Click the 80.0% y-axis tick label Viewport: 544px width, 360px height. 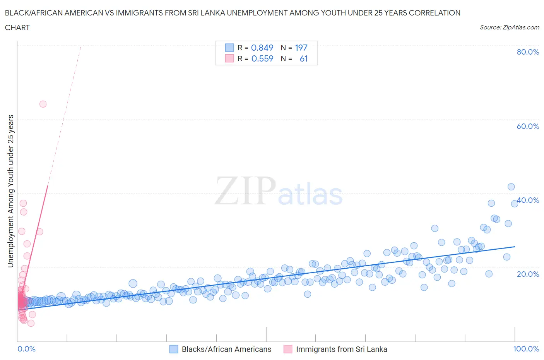(528, 52)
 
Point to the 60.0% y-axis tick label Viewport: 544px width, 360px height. (528, 126)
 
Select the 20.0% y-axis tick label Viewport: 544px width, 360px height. (528, 274)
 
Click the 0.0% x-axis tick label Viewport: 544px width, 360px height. (26, 349)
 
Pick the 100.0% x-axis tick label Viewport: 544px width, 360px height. (526, 349)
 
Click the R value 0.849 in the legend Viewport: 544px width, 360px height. (262, 48)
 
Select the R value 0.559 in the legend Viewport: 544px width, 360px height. (262, 58)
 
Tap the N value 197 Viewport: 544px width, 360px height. (301, 48)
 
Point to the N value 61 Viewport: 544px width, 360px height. (303, 58)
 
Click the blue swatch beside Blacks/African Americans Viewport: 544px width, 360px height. (174, 349)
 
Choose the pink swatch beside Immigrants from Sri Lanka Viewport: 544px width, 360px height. (287, 349)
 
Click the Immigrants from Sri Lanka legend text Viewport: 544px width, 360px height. (341, 349)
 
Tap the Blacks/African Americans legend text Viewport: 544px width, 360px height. (226, 349)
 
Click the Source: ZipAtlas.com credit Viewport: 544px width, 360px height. (509, 27)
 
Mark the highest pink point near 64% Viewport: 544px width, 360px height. (43, 104)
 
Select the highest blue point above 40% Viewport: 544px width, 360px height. (511, 187)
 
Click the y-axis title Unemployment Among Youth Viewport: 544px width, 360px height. (10, 191)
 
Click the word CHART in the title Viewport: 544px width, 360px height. (17, 27)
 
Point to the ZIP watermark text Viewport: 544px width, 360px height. (245, 191)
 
